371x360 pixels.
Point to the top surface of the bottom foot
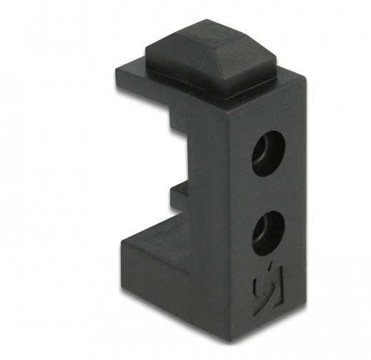[x=154, y=240]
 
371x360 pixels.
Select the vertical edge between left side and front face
[x=230, y=215]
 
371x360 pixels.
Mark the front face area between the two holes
[x=268, y=192]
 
